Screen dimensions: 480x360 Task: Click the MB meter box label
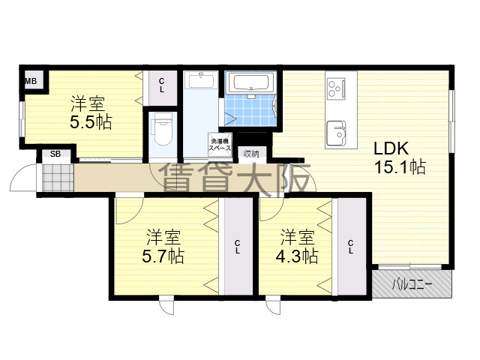[31, 81]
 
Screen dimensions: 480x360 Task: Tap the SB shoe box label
[55, 154]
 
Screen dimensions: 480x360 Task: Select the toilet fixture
[163, 128]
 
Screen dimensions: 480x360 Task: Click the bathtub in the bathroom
[250, 82]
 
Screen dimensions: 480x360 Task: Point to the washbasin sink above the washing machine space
[201, 79]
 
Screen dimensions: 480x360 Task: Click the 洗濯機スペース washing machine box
[220, 145]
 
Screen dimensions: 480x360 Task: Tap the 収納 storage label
[251, 154]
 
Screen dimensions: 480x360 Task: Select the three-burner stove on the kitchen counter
[336, 88]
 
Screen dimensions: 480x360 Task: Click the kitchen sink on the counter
[337, 133]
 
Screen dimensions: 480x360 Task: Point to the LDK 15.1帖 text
[400, 157]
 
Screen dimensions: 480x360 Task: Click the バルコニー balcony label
[412, 285]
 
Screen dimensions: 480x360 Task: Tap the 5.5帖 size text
[91, 122]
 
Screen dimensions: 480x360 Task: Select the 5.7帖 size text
[163, 256]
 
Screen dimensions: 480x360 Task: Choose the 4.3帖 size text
[297, 256]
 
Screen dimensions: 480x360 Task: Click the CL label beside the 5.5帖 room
[162, 85]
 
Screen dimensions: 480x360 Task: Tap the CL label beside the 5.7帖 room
[238, 247]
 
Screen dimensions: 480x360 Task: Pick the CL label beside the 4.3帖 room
[351, 247]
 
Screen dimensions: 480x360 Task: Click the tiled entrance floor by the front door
[58, 178]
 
